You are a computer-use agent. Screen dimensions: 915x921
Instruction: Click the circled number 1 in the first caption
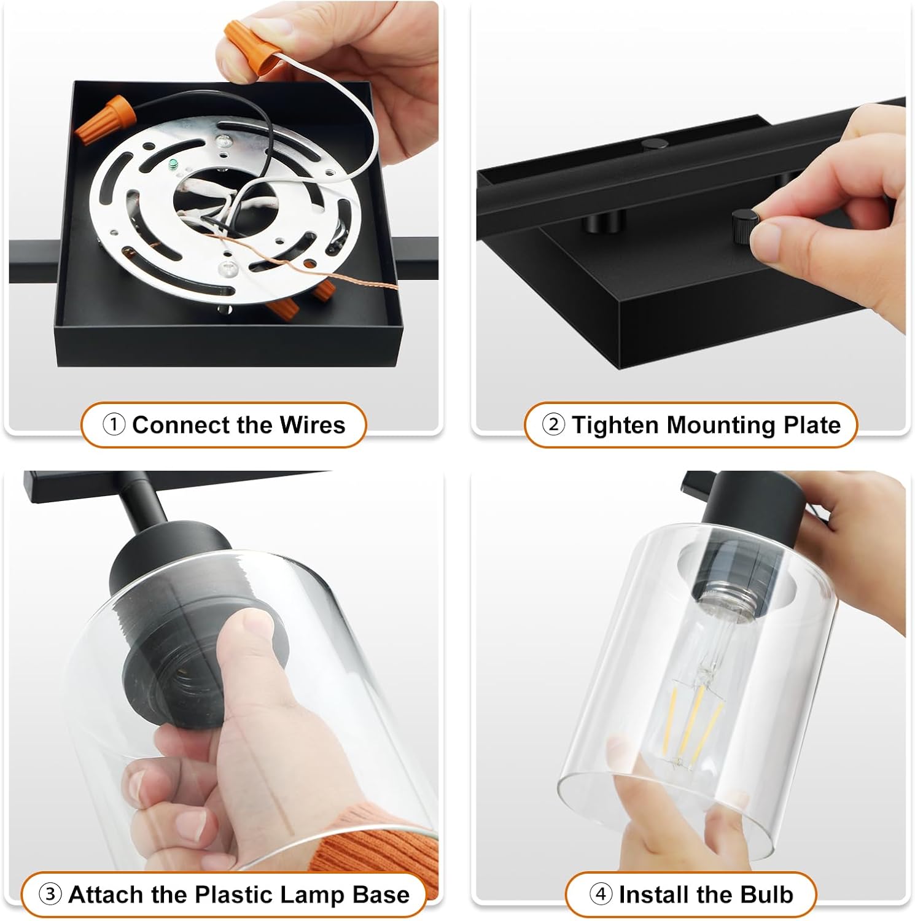point(114,424)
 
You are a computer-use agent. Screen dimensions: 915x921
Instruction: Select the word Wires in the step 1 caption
point(312,425)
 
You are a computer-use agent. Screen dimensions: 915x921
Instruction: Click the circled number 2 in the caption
point(553,424)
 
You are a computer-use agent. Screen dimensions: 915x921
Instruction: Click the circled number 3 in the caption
point(50,894)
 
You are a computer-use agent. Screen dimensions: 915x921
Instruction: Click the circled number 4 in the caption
point(601,894)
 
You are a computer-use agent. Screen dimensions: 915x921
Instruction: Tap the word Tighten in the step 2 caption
point(616,426)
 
